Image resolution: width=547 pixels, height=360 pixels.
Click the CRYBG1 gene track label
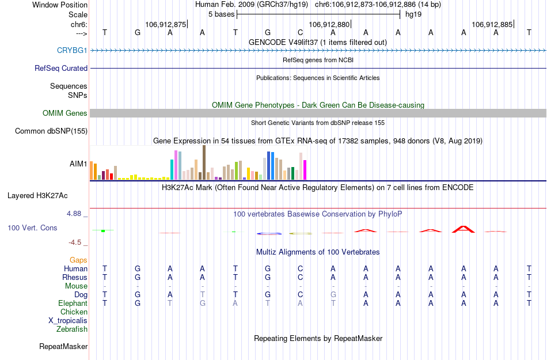coord(72,50)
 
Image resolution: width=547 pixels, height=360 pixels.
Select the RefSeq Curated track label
coord(61,68)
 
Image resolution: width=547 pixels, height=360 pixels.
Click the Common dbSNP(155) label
coord(51,131)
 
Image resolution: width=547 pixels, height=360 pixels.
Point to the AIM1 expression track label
coord(78,164)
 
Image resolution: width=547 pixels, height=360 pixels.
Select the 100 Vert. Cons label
coord(32,228)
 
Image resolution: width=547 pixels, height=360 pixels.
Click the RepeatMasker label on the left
coord(63,347)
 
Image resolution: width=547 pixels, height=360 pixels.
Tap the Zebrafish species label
coord(72,329)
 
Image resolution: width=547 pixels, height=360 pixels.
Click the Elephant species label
coord(73,303)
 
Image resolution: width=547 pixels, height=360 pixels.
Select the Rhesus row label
coord(75,277)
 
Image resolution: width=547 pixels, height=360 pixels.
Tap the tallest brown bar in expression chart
coord(204,162)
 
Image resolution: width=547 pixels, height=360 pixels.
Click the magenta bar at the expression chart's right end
coord(305,169)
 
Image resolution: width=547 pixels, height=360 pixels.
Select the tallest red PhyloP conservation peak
coord(463,229)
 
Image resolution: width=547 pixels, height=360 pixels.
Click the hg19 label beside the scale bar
coord(413,14)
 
